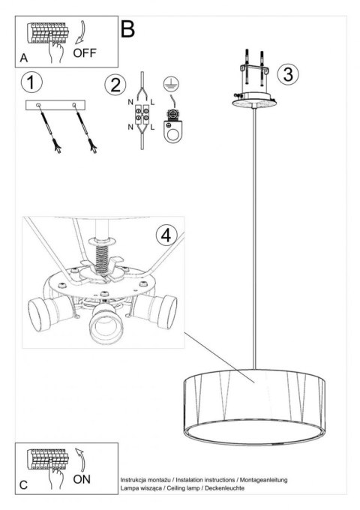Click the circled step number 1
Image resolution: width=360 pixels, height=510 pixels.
32,81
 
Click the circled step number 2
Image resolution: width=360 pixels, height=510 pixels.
115,82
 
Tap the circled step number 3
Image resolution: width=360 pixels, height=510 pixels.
286,73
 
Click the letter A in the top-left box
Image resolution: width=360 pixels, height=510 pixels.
25,57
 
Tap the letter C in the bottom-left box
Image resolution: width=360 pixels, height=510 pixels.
25,485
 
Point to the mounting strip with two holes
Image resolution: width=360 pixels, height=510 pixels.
52,106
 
